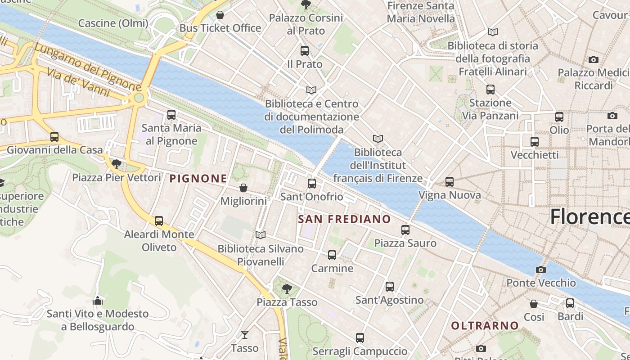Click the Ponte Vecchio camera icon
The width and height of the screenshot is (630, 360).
pyautogui.click(x=541, y=270)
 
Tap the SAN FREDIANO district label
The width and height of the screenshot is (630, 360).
pyautogui.click(x=345, y=219)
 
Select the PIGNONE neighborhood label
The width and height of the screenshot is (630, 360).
pyautogui.click(x=198, y=179)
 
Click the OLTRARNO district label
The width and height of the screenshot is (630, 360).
pyautogui.click(x=485, y=325)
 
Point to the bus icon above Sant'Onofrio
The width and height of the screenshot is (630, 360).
pyautogui.click(x=311, y=183)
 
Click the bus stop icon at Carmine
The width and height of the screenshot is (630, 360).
pyautogui.click(x=332, y=255)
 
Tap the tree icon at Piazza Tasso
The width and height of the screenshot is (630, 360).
pyautogui.click(x=287, y=288)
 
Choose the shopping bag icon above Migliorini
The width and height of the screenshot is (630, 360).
pyautogui.click(x=243, y=187)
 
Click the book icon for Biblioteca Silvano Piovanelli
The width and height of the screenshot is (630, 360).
pyautogui.click(x=261, y=235)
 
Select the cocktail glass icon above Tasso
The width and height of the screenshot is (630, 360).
pyautogui.click(x=244, y=334)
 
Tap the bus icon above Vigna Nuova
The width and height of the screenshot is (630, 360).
pyautogui.click(x=449, y=181)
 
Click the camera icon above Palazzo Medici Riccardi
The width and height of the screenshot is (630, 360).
pyautogui.click(x=594, y=59)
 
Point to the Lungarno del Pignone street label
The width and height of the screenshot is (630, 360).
pyautogui.click(x=88, y=66)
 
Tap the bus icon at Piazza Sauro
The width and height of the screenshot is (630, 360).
pyautogui.click(x=405, y=229)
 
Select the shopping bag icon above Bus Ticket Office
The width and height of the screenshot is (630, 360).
pyautogui.click(x=220, y=15)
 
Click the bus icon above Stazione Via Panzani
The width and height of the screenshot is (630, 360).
pyautogui.click(x=490, y=89)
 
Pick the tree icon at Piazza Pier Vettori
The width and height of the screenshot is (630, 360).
pyautogui.click(x=117, y=164)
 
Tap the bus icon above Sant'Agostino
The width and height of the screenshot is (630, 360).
pyautogui.click(x=390, y=286)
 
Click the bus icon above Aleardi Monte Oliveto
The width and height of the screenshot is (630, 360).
pyautogui.click(x=159, y=220)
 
